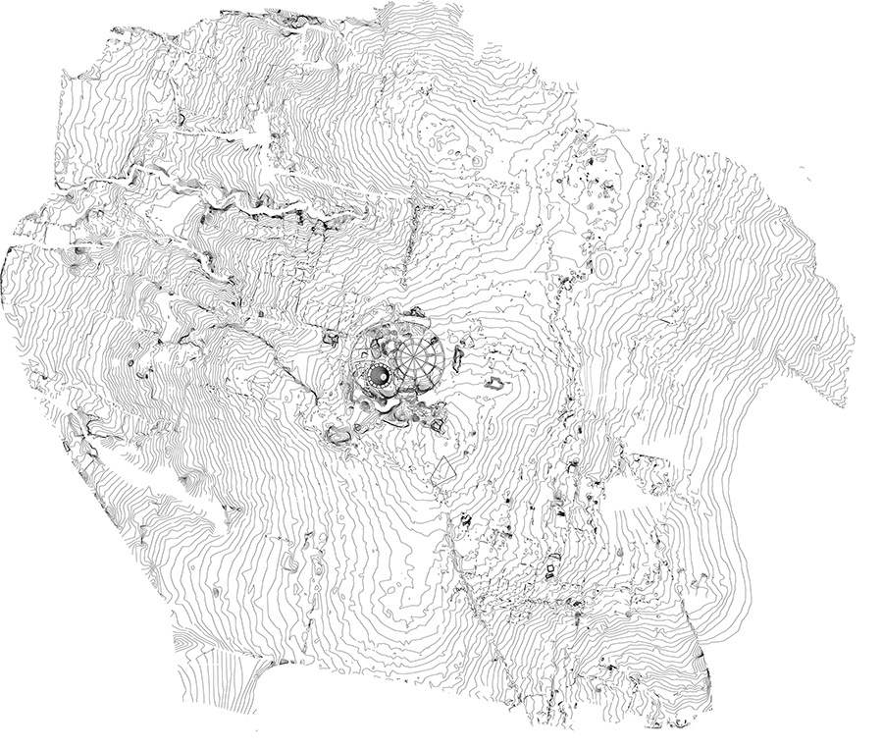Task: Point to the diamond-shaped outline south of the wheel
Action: coord(445,470)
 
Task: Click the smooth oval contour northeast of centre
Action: coord(604,265)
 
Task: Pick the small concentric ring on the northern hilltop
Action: coord(477,159)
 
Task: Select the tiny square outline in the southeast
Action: coord(550,568)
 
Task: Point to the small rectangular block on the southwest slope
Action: coord(291,564)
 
